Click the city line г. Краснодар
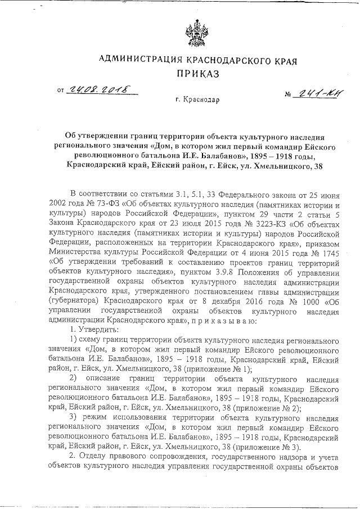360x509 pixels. [x=197, y=100]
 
